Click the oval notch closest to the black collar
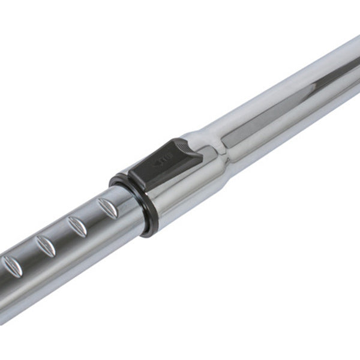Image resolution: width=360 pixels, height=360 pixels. click(x=109, y=207)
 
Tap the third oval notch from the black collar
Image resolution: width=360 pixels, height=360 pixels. click(x=46, y=246)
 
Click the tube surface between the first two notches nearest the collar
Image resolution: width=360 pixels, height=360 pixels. click(x=93, y=217)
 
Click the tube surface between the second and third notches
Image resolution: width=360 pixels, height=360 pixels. click(x=62, y=236)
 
